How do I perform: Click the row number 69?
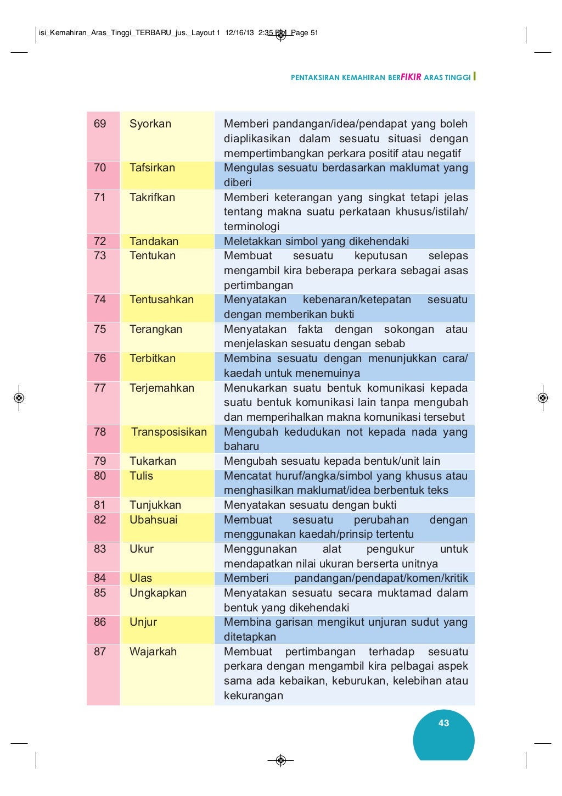tap(100, 124)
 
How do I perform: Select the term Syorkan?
tap(150, 124)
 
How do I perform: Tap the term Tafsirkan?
tap(152, 168)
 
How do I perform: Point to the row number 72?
tap(100, 242)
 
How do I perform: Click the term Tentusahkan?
tap(161, 300)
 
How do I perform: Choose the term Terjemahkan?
tap(162, 388)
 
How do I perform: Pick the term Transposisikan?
tap(169, 432)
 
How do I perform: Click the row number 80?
tap(100, 476)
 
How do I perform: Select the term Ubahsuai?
tap(154, 520)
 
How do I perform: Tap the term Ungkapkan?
tap(158, 593)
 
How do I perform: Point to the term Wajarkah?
tap(153, 652)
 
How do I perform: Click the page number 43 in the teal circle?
tap(443, 723)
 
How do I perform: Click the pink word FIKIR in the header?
tap(411, 77)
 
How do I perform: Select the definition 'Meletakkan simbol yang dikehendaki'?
tap(316, 242)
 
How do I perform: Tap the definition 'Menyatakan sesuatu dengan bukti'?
tap(310, 505)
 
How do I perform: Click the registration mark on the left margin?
tap(19, 398)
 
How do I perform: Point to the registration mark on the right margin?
tap(543, 398)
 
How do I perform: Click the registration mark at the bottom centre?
tap(281, 760)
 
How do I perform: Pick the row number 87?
tap(100, 652)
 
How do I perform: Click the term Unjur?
tap(143, 622)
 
